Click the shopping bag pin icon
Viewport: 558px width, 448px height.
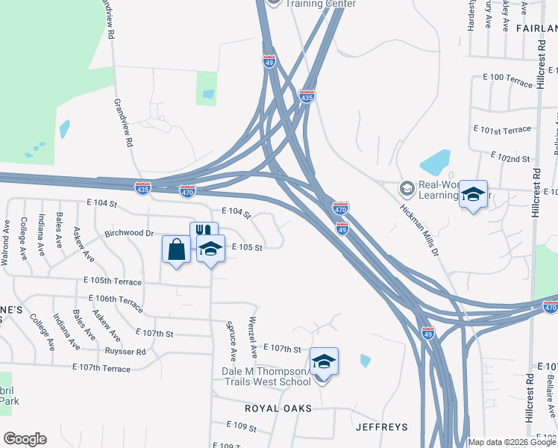[x=177, y=249]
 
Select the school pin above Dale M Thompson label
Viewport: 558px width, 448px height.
[x=324, y=362]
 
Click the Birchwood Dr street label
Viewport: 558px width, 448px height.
[x=128, y=233]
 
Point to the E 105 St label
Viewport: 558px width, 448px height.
[x=248, y=247]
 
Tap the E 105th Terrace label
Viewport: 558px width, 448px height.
[x=113, y=281]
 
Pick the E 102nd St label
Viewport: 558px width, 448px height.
[x=510, y=158]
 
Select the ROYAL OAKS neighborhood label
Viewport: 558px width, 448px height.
[x=278, y=409]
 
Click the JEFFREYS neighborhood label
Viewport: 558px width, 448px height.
[x=381, y=427]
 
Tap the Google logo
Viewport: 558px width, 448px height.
[x=25, y=439]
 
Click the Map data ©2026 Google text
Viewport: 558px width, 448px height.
[x=512, y=442]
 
